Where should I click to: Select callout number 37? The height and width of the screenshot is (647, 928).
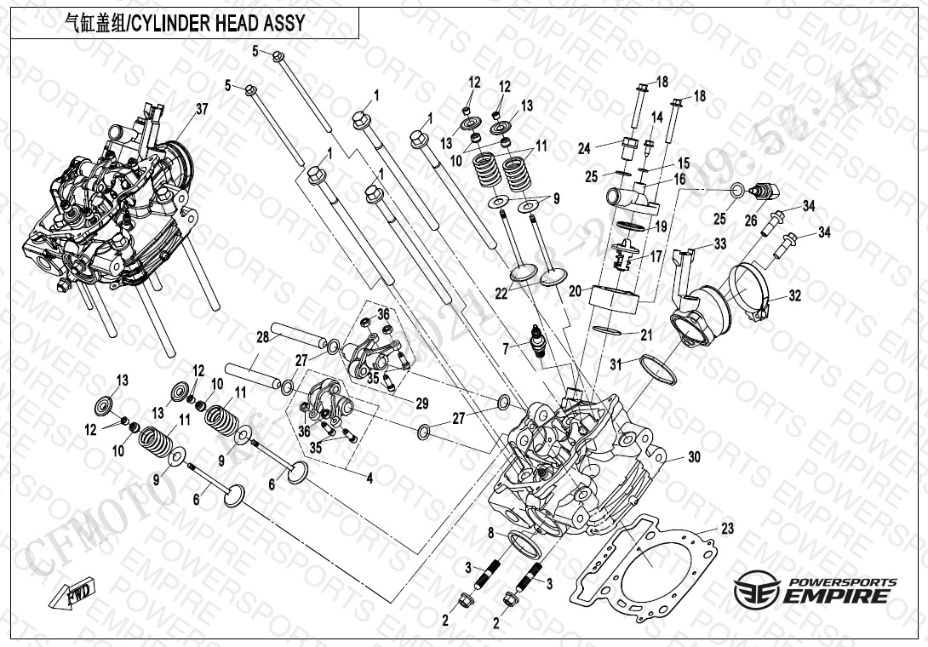202,109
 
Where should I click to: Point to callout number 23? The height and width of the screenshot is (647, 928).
726,529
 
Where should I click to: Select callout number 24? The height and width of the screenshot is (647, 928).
584,148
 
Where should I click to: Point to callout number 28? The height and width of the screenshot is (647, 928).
262,338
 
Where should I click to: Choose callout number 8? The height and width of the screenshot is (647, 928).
491,534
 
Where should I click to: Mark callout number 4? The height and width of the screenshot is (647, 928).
369,479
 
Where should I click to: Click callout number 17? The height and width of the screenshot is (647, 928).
656,255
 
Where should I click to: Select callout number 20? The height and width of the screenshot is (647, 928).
576,290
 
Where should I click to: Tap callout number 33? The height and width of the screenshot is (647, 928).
720,244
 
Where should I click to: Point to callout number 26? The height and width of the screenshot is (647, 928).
750,220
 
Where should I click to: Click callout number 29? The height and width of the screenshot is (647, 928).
421,403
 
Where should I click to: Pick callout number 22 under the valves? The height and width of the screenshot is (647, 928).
501,293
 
